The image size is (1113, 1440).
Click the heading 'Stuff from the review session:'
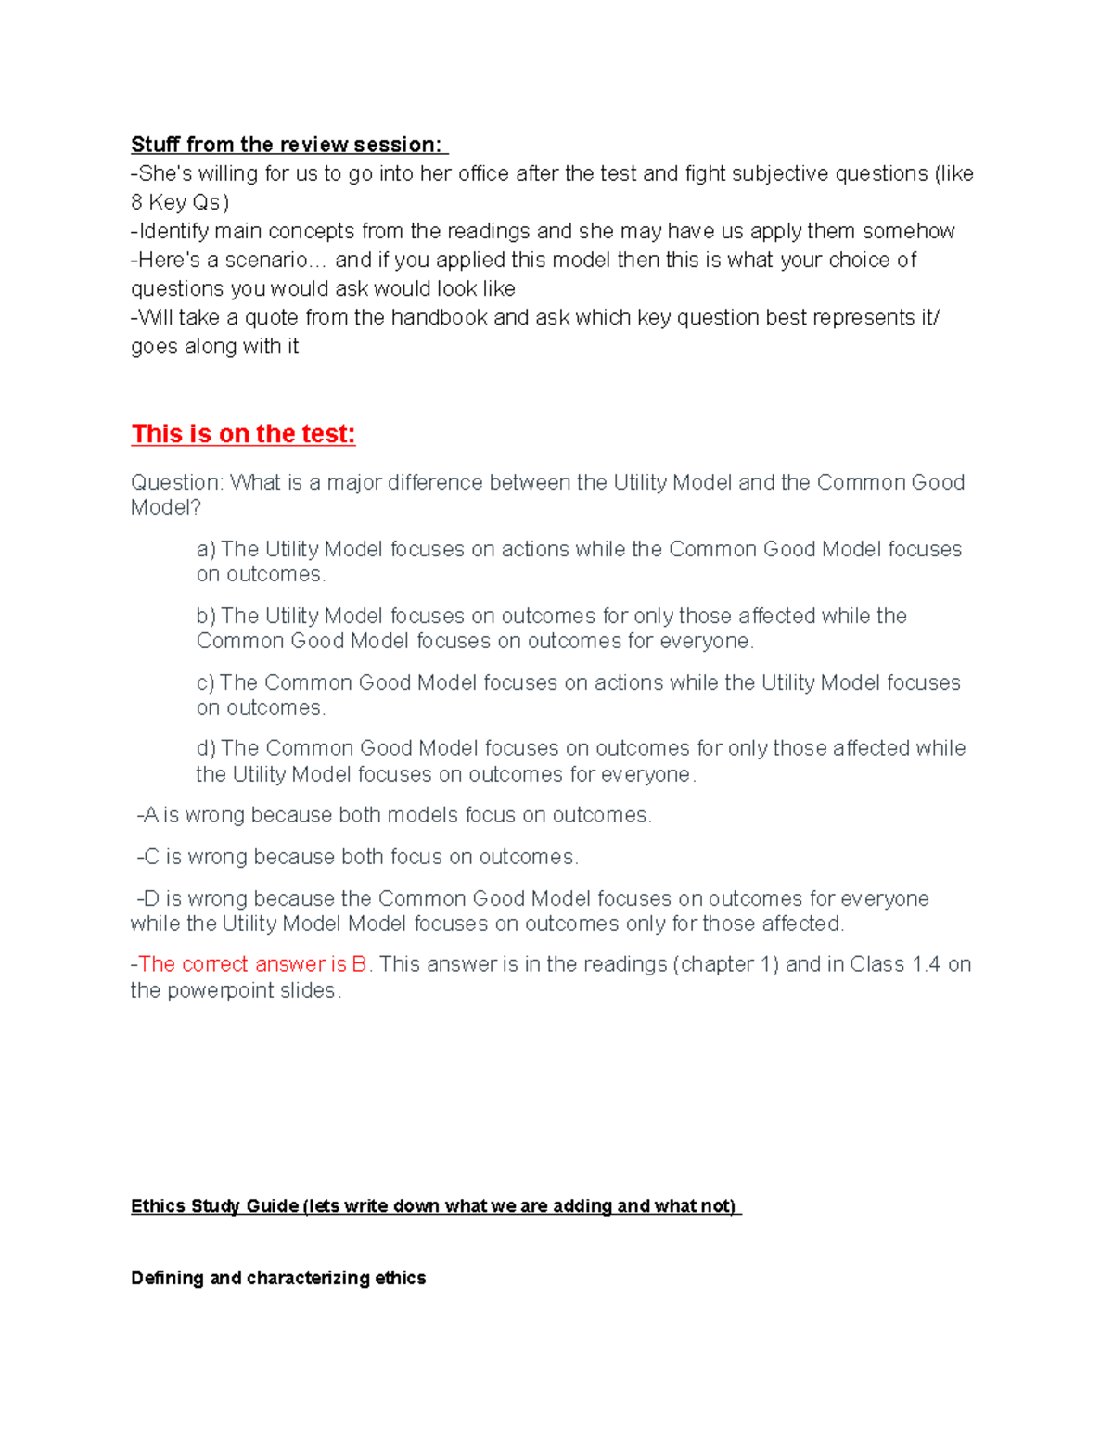288,145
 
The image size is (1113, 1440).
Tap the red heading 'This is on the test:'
243,434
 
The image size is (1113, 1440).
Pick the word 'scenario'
270,260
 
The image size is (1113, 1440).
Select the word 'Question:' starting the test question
176,482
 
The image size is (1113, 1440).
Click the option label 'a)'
206,549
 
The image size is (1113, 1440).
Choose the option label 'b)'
206,616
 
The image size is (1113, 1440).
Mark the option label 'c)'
206,682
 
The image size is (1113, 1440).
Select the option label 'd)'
206,748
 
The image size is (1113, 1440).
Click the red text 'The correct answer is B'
252,964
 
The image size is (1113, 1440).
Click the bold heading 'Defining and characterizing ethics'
278,1278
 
